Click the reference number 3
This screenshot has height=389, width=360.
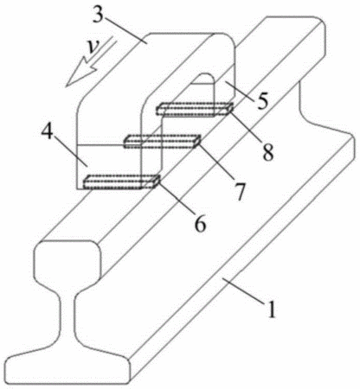point(98,15)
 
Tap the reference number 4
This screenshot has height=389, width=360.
point(48,133)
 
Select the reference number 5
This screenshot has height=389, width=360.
point(262,101)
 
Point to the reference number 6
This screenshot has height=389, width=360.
point(200,224)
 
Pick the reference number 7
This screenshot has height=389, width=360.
point(239,192)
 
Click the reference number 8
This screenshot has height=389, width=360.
point(267,152)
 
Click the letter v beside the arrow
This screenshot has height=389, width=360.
point(93,48)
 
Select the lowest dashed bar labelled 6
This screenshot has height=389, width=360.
point(121,182)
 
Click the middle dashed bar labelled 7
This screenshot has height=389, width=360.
point(163,142)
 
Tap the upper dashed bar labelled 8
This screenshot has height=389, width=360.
point(195,110)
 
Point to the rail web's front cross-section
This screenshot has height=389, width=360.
point(68,318)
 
